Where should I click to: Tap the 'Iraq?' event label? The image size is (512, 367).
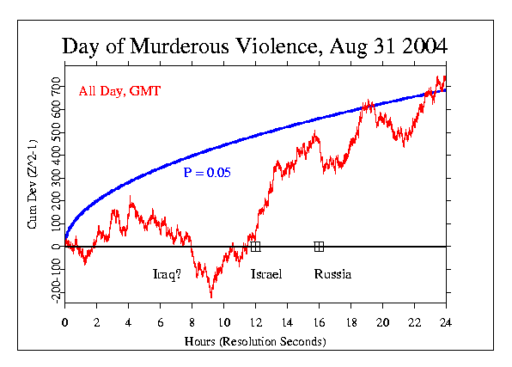point(167,274)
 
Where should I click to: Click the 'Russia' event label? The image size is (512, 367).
point(332,274)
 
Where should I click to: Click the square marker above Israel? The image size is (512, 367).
point(255,247)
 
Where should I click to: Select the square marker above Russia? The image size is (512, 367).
point(319,247)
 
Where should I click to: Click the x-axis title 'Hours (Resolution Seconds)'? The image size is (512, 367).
point(254,341)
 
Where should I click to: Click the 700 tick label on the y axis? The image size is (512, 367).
point(56,86)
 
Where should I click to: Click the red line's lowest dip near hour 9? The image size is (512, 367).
point(210,297)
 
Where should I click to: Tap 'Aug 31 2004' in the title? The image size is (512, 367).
point(383,46)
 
